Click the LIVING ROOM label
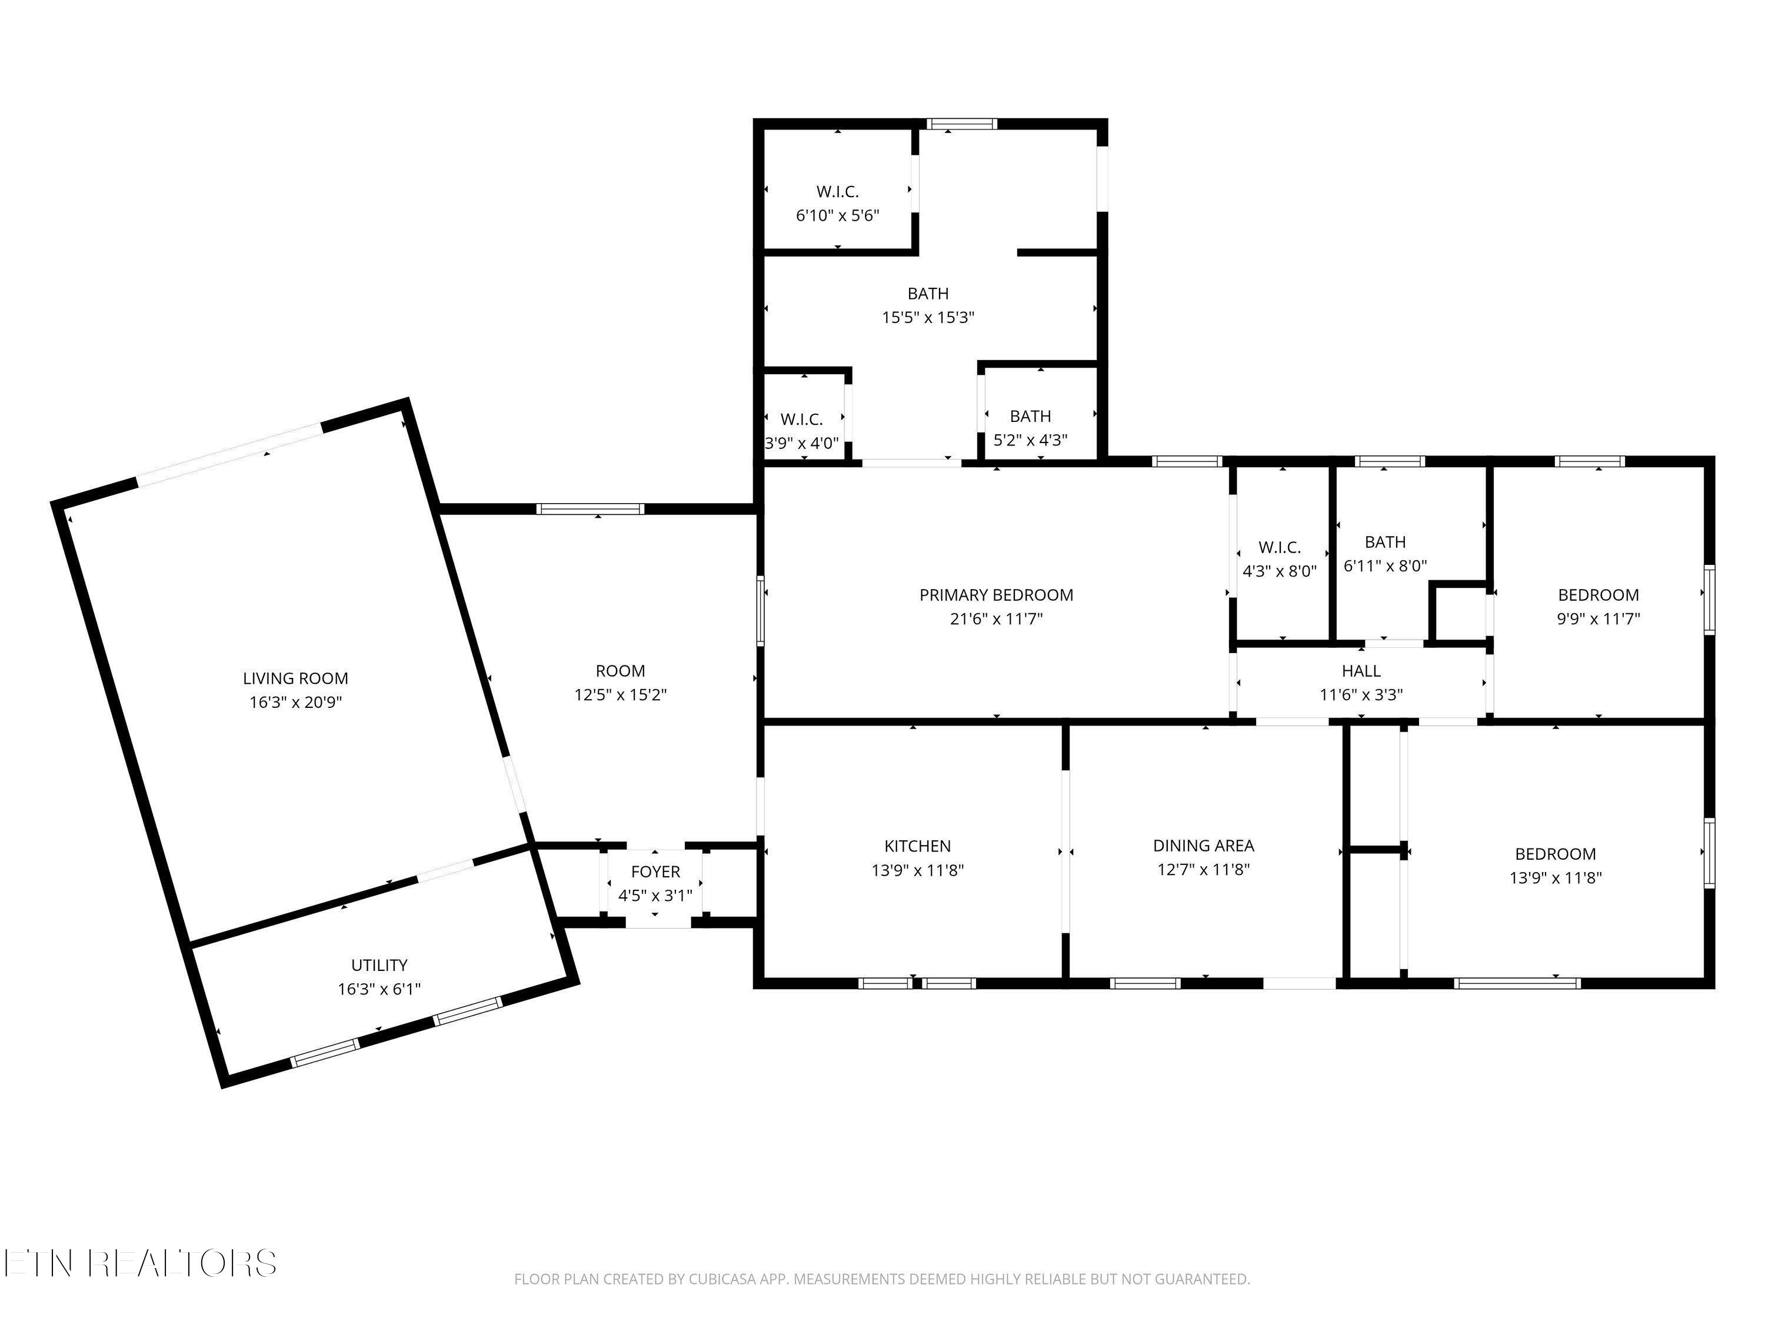[x=295, y=678]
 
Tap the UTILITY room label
[x=379, y=965]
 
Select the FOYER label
[x=655, y=871]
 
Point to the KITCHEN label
[x=918, y=846]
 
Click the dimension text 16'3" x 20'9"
[x=295, y=702]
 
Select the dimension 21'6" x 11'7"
[x=996, y=618]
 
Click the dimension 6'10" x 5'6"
[x=838, y=215]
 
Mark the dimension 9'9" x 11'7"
[x=1599, y=618]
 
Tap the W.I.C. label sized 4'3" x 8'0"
[x=1280, y=547]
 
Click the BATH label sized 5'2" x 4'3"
[x=1030, y=416]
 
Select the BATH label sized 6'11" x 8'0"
[x=1385, y=542]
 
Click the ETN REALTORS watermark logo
[x=141, y=1263]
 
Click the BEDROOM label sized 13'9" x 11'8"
[x=1555, y=854]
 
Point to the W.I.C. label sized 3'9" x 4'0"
[x=801, y=419]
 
